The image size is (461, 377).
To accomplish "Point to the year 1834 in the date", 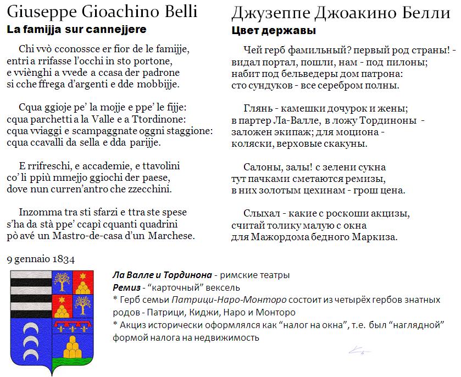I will pos(64,259).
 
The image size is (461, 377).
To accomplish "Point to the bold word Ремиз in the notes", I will pos(124,287).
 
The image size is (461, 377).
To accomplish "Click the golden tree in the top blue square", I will pos(62,282).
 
